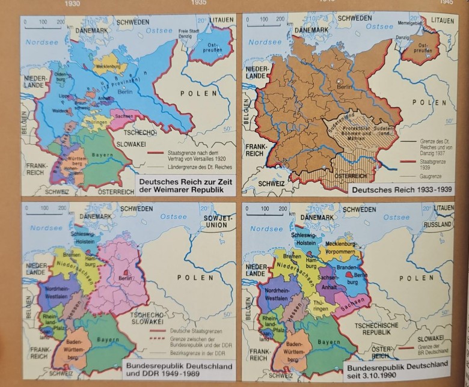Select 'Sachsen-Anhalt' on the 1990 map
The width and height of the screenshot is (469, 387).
pyautogui.click(x=328, y=282)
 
